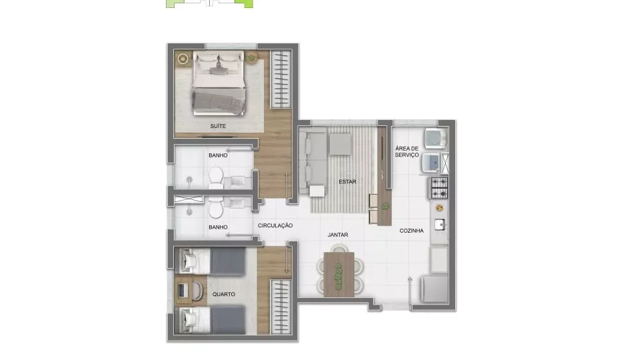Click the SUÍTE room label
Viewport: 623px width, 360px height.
tap(218, 126)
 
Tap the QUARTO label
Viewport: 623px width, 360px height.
tap(224, 295)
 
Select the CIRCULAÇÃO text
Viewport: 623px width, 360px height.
tap(275, 225)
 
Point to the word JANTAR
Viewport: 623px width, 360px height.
tap(338, 235)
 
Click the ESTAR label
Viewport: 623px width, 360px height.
tap(347, 181)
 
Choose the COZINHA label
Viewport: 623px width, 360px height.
tap(411, 231)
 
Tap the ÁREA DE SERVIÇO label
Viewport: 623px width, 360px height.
tap(407, 151)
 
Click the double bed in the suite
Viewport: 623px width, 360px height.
tap(218, 83)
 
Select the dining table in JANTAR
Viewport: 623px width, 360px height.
tap(339, 275)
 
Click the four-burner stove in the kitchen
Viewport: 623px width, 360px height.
tap(439, 187)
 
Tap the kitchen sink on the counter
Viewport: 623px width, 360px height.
tap(440, 225)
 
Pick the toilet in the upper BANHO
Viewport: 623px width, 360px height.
tap(216, 177)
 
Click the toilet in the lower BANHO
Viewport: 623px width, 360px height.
tap(216, 207)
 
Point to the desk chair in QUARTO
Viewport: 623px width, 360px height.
tap(197, 291)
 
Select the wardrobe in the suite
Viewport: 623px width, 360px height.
tap(281, 79)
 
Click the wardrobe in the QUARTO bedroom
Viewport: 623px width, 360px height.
tap(281, 307)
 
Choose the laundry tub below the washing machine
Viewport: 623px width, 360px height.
tap(431, 163)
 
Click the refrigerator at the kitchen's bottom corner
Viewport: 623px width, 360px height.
tap(434, 289)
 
